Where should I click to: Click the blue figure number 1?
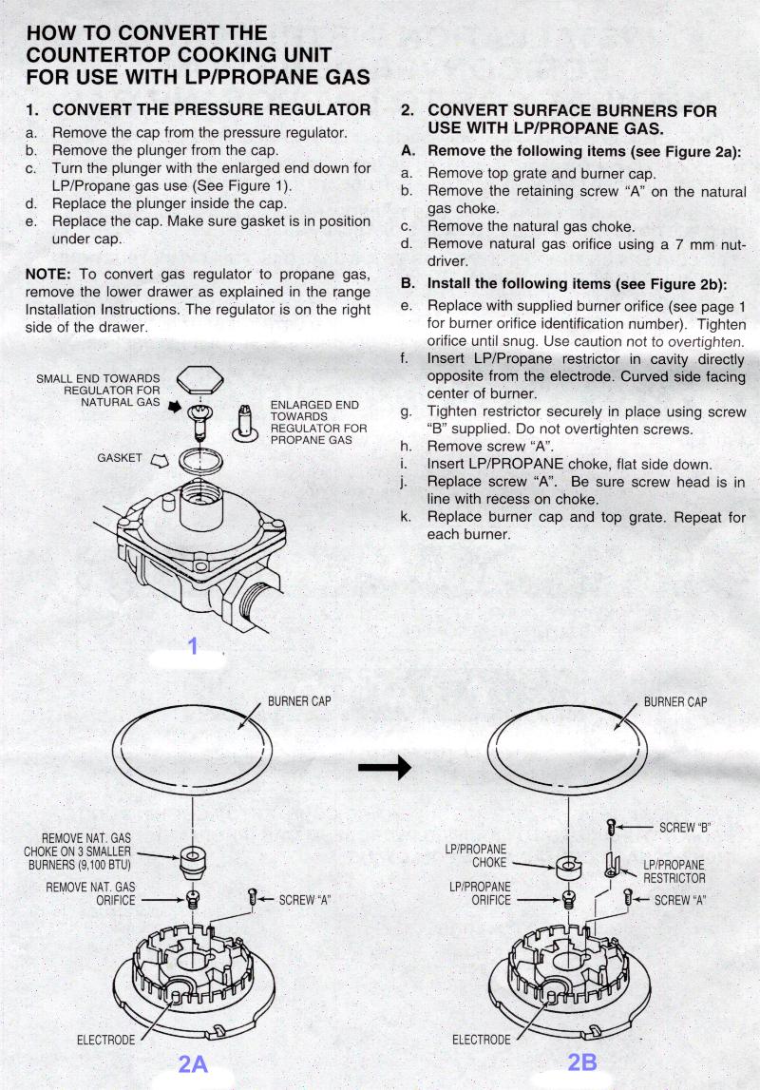coord(193,645)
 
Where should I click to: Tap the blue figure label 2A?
coord(193,1062)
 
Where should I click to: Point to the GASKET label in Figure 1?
coord(120,458)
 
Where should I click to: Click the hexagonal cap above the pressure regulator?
coord(200,382)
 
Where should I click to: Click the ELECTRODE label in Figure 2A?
coord(105,1040)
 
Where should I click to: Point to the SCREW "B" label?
coord(684,828)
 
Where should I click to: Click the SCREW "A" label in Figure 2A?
coord(304,899)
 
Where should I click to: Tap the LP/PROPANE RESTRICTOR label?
coord(674,871)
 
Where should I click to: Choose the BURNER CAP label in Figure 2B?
coord(674,702)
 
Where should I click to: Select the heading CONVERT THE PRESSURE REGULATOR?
coord(211,110)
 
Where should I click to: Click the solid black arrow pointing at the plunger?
coord(174,406)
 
